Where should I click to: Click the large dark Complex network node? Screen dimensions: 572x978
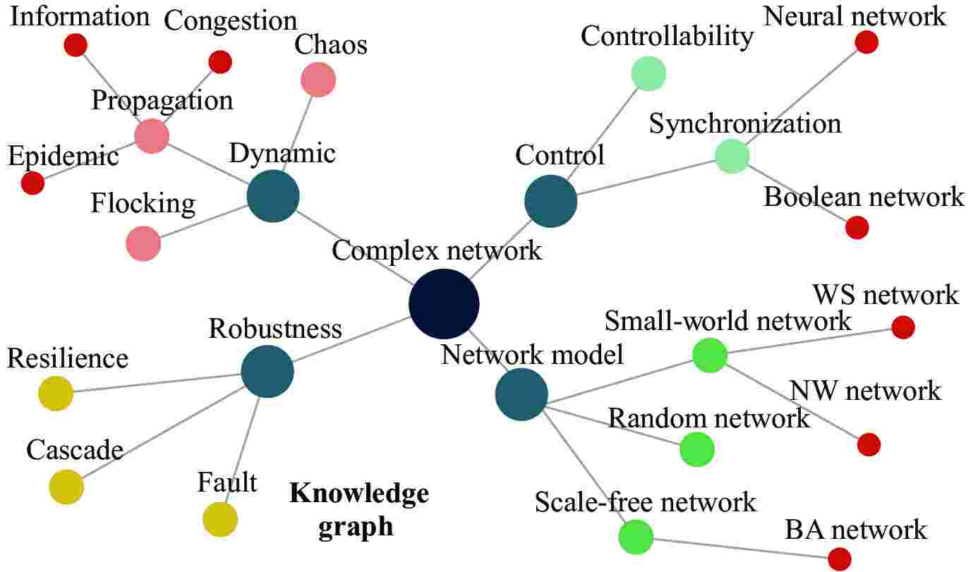tap(444, 304)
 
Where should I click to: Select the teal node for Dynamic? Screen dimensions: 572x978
tap(273, 197)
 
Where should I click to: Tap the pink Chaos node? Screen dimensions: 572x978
tap(318, 80)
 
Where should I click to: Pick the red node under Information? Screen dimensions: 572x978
tap(76, 45)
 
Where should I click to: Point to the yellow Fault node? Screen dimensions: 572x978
tap(220, 520)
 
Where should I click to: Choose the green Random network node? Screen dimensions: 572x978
tap(697, 449)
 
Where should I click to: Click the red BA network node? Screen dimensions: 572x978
tap(839, 559)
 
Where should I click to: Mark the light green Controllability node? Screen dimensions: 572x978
tap(648, 73)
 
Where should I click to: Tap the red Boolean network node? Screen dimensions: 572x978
tap(857, 228)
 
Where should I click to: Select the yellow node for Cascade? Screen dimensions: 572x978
tap(66, 486)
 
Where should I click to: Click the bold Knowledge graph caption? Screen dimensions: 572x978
tap(359, 509)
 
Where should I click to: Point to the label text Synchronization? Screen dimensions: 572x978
tap(745, 124)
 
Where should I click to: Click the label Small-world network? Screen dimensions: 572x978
tap(728, 322)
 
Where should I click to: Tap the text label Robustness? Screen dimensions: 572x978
tap(275, 329)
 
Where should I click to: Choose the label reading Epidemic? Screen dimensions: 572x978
tap(63, 156)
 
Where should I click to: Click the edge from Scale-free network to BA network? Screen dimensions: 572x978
tap(741, 547)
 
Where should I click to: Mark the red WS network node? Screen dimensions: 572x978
tap(903, 327)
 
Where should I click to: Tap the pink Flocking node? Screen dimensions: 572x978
tap(143, 244)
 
